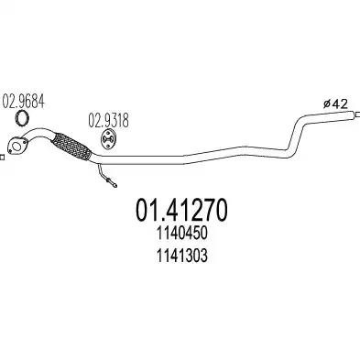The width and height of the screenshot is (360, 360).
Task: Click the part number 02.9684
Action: pos(24,102)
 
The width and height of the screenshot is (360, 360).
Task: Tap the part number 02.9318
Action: pos(108,120)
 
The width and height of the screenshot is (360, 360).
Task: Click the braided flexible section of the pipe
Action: pos(71,147)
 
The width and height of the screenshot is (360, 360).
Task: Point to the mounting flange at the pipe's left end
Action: pos(17,146)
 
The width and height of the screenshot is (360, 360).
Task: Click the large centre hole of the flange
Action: pos(17,146)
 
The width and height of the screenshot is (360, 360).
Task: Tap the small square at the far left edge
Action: pos(2,158)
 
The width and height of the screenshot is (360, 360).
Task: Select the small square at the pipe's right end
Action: pos(355,115)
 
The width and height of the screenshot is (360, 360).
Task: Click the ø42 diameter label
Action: pos(335,104)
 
